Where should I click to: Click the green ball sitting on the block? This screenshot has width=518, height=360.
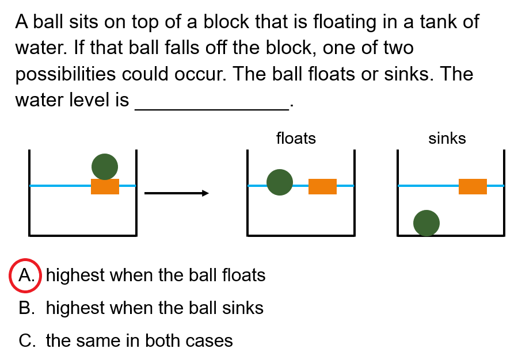coord(105,167)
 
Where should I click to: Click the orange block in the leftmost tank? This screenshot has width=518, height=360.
coord(105,186)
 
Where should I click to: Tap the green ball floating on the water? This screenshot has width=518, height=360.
coord(280,182)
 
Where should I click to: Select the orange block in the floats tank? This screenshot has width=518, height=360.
coord(322,186)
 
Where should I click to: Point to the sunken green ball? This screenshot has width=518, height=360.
coord(426,223)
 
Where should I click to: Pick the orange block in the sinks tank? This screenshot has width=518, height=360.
coord(473,186)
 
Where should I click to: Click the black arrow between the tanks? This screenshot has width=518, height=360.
coord(176,193)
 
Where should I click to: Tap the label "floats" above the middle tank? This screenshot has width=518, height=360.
coord(296,139)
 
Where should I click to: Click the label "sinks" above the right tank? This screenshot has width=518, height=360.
coord(447,139)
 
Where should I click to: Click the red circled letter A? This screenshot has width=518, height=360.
coord(25,275)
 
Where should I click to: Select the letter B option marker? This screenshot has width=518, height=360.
coord(26,308)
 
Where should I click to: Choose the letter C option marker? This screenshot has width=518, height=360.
coord(26,340)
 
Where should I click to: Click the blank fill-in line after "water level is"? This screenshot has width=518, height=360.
coord(211,108)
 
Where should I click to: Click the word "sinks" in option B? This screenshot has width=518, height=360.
coord(243,308)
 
